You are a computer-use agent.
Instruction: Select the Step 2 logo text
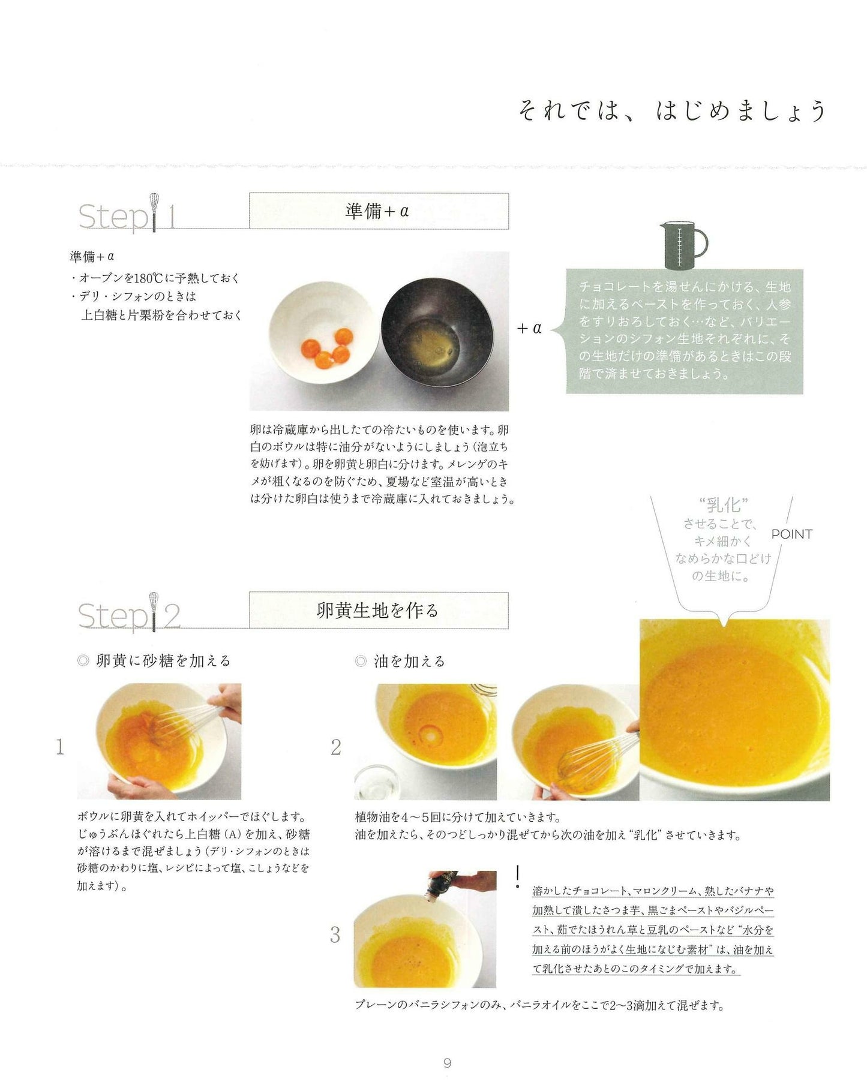[x=130, y=614]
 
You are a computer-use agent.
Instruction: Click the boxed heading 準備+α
[x=379, y=211]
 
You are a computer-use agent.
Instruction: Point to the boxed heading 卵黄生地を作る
[x=379, y=611]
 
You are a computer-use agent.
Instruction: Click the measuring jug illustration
[x=683, y=245]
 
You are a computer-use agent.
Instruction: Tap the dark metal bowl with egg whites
[x=437, y=332]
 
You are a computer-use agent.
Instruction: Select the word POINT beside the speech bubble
[x=791, y=534]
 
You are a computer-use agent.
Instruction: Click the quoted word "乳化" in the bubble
[x=724, y=504]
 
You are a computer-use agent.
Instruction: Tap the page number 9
[x=447, y=1062]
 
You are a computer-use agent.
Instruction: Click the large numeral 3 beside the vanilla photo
[x=335, y=934]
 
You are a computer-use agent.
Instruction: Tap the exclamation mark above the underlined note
[x=517, y=876]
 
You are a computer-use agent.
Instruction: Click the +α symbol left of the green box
[x=529, y=328]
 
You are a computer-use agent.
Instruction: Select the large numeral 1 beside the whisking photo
[x=59, y=747]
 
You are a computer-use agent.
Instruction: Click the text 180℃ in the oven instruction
[x=148, y=278]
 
